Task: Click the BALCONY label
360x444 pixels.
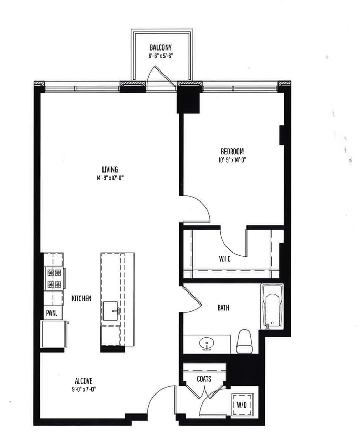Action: pyautogui.click(x=161, y=47)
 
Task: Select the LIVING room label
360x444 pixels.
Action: pyautogui.click(x=110, y=169)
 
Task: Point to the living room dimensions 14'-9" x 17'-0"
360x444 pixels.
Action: pyautogui.click(x=110, y=177)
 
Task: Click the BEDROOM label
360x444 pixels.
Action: pyautogui.click(x=232, y=152)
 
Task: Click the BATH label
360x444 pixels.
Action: pyautogui.click(x=223, y=308)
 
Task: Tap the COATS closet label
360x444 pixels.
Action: pyautogui.click(x=204, y=378)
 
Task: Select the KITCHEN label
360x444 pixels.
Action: pyautogui.click(x=81, y=299)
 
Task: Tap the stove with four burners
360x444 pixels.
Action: pyautogui.click(x=55, y=278)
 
